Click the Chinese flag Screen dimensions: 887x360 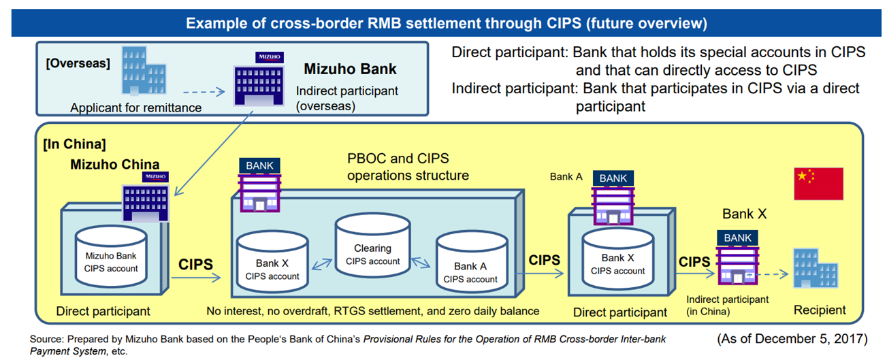coord(818,184)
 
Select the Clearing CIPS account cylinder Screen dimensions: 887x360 coord(372,245)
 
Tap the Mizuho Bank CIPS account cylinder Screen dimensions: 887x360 coord(111,257)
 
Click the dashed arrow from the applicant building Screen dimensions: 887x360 coord(204,92)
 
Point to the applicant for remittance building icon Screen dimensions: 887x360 coord(144,71)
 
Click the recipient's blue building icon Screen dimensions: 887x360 coord(816,269)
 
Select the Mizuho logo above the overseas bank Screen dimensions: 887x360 coord(270,57)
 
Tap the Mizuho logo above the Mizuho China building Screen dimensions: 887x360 coord(155,177)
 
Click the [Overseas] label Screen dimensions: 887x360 coord(78,63)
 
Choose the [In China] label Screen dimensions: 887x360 coord(74,144)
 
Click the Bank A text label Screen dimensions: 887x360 coord(566,177)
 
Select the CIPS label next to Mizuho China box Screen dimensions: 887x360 coord(195,264)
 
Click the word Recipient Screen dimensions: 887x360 coord(820,310)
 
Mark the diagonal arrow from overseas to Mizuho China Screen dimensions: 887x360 coord(214,153)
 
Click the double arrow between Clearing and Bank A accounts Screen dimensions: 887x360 coord(421,263)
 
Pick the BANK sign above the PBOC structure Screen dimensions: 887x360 coord(260,165)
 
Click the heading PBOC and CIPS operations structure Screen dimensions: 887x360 coord(408,167)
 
